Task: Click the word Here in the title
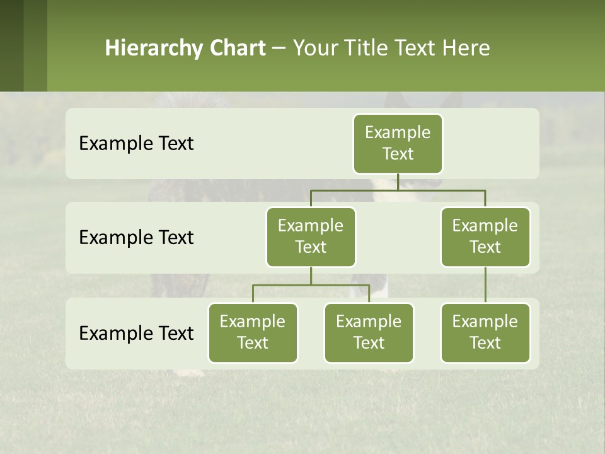click(466, 49)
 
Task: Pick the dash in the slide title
click(279, 49)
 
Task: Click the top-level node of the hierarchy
click(398, 143)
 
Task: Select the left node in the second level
click(311, 236)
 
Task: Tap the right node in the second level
click(485, 236)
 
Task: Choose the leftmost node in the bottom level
click(253, 332)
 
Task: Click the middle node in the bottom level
click(369, 332)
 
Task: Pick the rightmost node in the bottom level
click(485, 332)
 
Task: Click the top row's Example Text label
click(136, 143)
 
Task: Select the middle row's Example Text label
click(136, 237)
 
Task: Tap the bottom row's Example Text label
click(136, 333)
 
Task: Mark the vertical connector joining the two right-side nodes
click(485, 285)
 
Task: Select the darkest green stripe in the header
click(11, 45)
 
